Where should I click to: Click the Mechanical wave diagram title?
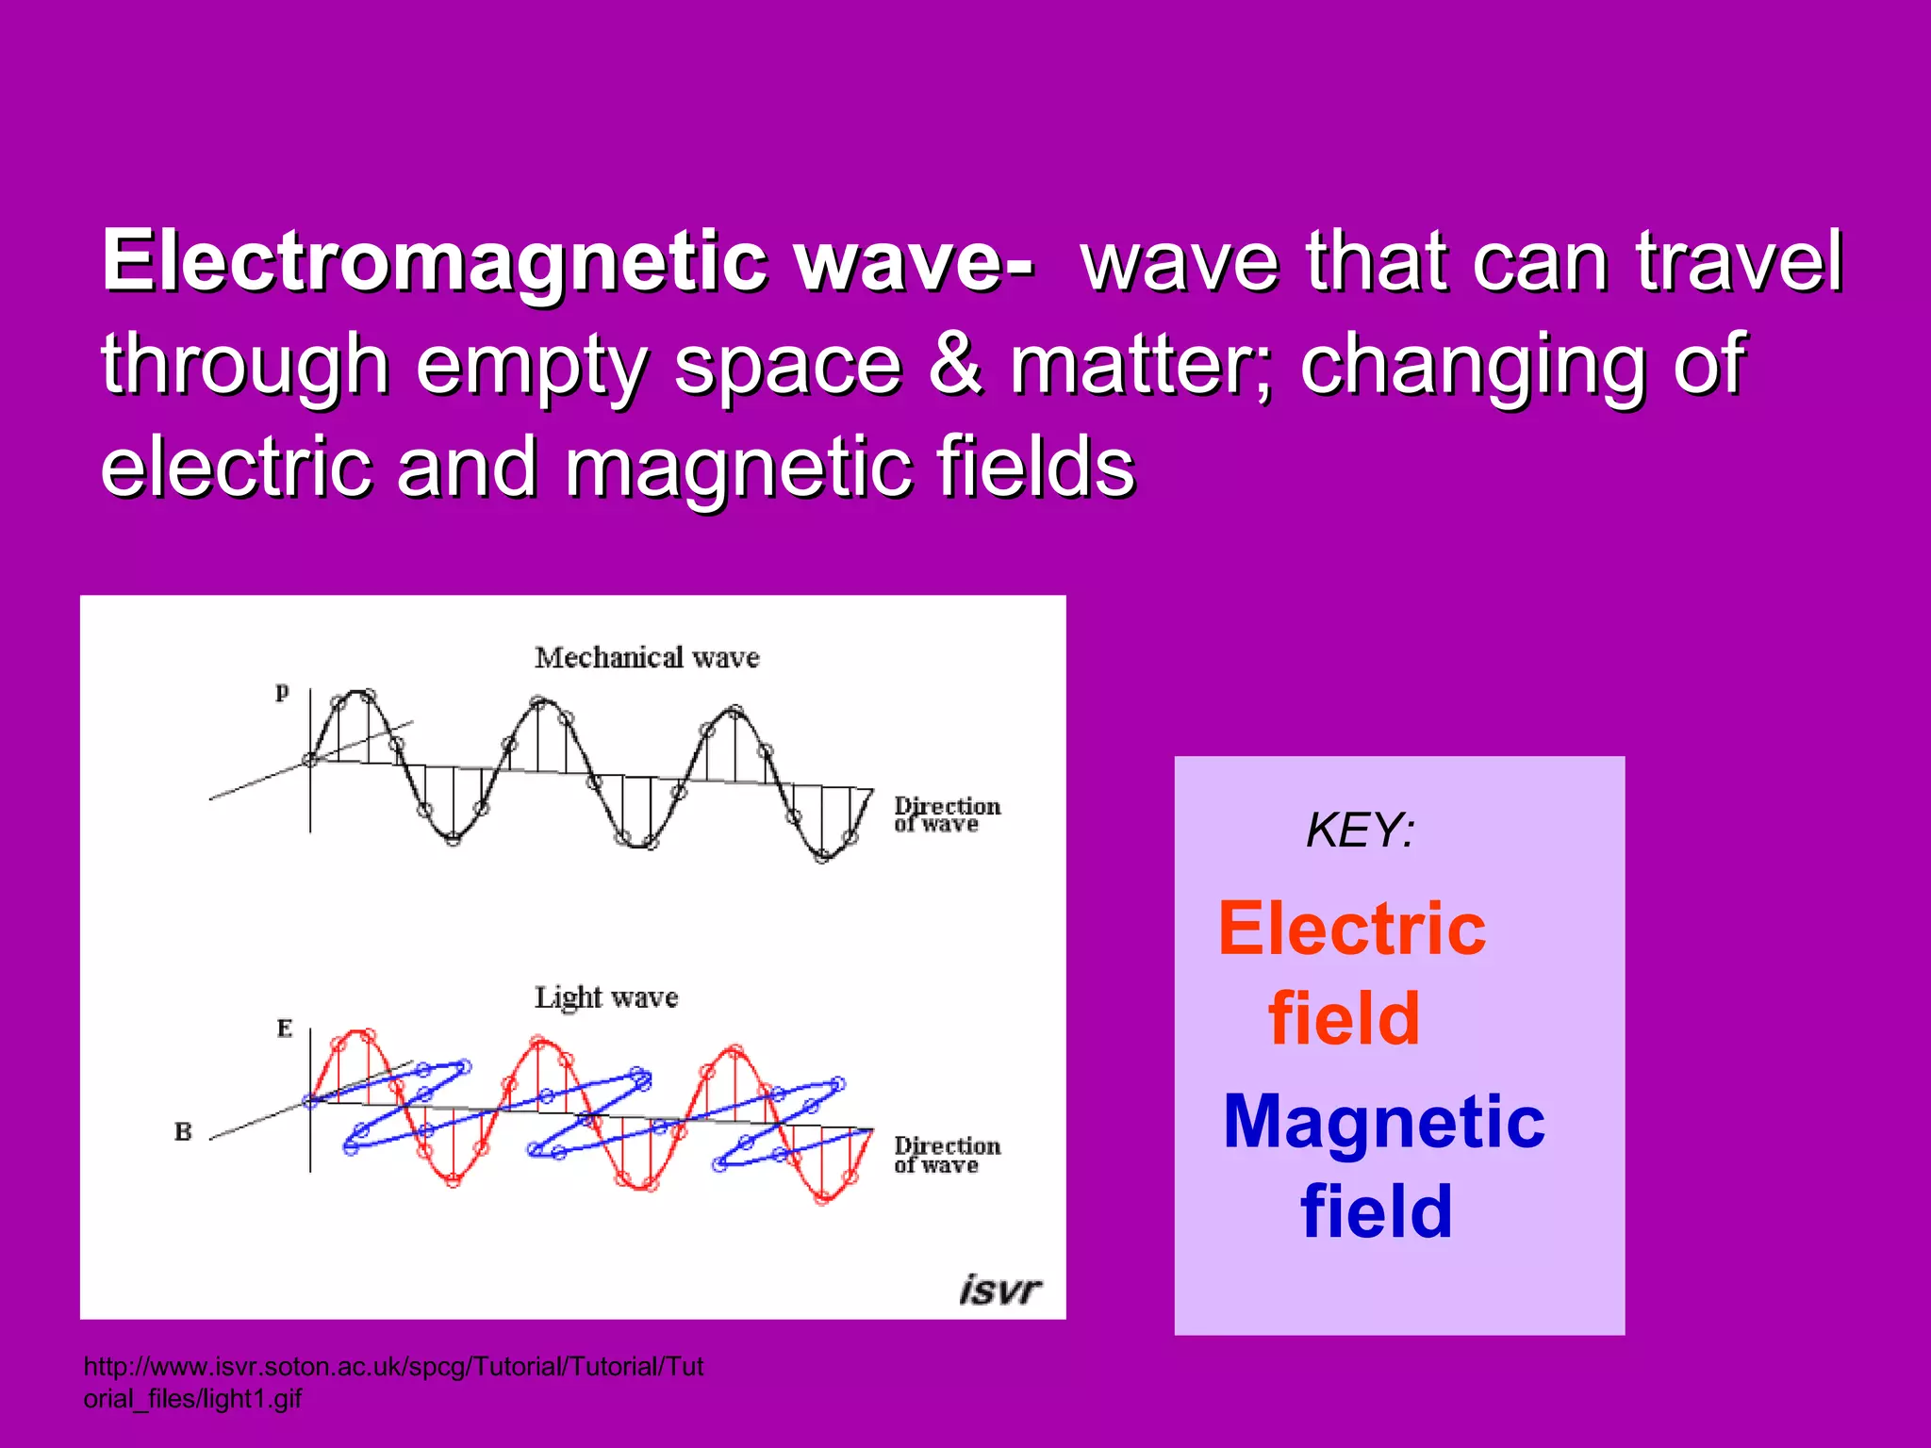[647, 657]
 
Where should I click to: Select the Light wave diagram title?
[606, 997]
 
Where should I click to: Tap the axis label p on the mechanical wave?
[282, 691]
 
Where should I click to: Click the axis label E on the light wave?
[284, 1028]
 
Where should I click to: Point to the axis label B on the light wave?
[183, 1131]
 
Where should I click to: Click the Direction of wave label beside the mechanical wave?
[946, 814]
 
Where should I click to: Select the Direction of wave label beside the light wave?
[946, 1155]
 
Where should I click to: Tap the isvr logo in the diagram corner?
[999, 1289]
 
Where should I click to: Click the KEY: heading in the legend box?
[1360, 831]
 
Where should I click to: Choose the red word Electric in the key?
[1352, 929]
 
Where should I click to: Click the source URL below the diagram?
[393, 1381]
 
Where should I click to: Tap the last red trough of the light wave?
[823, 1197]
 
